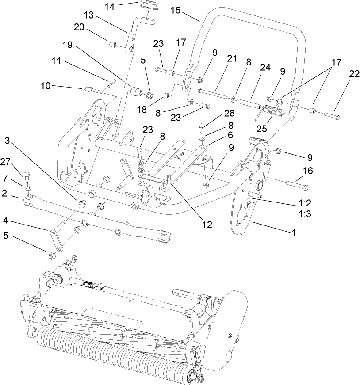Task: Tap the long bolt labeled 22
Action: tap(330, 116)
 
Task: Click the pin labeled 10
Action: tap(90, 90)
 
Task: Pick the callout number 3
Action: tap(8, 141)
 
